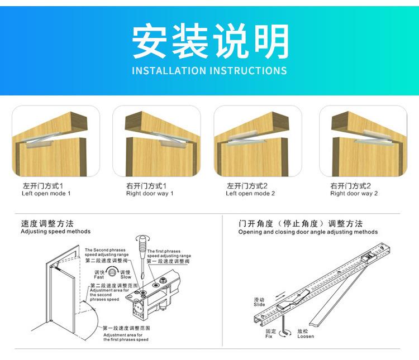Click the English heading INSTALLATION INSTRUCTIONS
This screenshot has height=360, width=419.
click(x=209, y=71)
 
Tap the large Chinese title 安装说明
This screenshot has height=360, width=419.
click(x=209, y=42)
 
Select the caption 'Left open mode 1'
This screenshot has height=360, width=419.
click(x=46, y=194)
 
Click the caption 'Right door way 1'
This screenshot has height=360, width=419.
click(x=150, y=194)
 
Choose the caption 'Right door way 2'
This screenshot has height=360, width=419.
click(x=354, y=194)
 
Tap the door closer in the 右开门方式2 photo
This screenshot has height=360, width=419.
click(x=369, y=136)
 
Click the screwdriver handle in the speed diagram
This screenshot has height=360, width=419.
click(x=142, y=244)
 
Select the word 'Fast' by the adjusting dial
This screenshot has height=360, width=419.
click(x=99, y=277)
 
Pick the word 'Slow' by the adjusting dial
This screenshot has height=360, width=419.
click(x=126, y=277)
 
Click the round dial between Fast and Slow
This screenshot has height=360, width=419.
click(x=112, y=272)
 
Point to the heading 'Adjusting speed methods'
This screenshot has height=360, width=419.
click(x=55, y=231)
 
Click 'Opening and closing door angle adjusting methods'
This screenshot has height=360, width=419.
click(x=308, y=232)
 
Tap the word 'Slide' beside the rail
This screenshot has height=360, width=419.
click(x=259, y=305)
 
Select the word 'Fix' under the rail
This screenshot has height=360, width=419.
click(x=269, y=336)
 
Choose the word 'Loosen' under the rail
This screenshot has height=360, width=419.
click(x=306, y=336)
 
